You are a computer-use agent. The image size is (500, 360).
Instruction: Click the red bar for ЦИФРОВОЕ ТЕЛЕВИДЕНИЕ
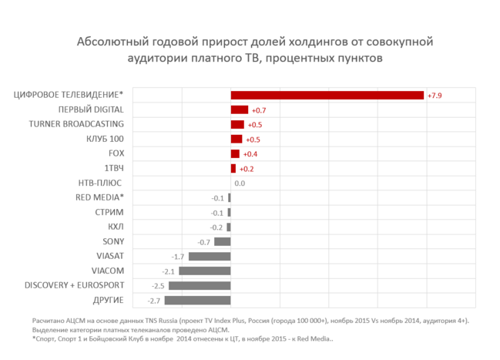pos(327,95)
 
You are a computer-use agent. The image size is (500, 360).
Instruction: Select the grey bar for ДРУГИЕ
pos(198,300)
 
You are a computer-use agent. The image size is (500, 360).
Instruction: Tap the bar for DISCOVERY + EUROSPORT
pos(200,285)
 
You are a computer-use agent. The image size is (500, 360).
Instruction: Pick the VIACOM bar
pos(205,271)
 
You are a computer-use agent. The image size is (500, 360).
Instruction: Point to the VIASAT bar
pos(210,256)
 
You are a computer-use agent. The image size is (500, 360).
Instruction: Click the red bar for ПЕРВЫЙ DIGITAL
pos(239,109)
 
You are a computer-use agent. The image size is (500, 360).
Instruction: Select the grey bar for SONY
pos(222,241)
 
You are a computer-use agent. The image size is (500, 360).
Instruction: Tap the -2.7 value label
pos(155,301)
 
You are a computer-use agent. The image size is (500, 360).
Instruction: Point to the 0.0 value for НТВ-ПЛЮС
pos(239,183)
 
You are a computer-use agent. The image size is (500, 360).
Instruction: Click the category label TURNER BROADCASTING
pos(76,124)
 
